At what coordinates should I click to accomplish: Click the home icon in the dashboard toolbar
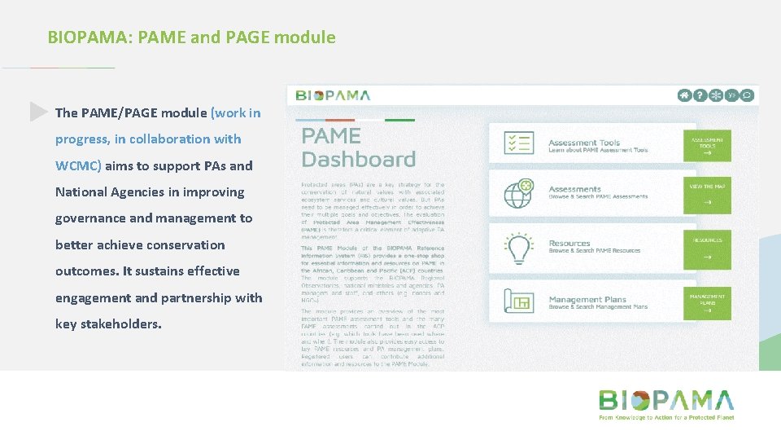[x=685, y=95]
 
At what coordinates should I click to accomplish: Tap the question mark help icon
[x=700, y=95]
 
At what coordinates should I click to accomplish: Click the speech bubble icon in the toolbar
[x=747, y=95]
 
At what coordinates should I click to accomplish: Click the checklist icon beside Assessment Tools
[x=518, y=143]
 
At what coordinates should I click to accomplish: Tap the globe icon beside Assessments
[x=518, y=194]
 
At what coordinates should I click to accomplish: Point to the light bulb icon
[x=518, y=248]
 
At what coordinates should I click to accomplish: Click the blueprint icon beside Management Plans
[x=518, y=302]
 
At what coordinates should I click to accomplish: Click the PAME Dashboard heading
[x=358, y=147]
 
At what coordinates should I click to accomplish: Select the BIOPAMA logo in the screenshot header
[x=333, y=95]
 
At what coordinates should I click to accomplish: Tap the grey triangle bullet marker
[x=38, y=112]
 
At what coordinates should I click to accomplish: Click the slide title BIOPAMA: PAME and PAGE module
[x=191, y=37]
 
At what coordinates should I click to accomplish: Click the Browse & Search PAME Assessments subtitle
[x=598, y=197]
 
